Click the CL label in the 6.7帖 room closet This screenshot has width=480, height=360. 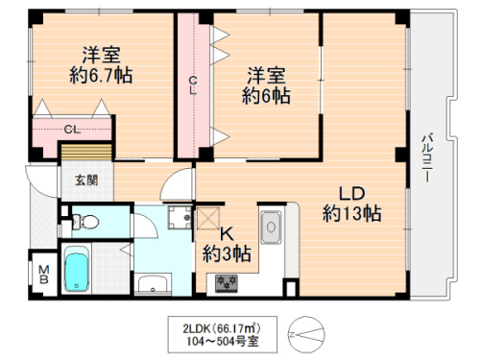(x=72, y=129)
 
